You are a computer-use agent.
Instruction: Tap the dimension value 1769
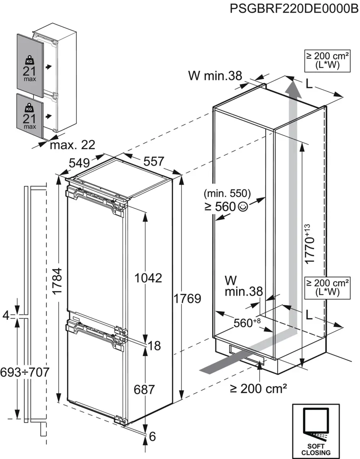pyautogui.click(x=187, y=299)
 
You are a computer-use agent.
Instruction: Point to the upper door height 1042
pyautogui.click(x=149, y=278)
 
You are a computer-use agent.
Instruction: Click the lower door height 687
pyautogui.click(x=144, y=389)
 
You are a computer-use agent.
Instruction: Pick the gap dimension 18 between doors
pyautogui.click(x=154, y=346)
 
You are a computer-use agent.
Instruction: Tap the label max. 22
pyautogui.click(x=72, y=145)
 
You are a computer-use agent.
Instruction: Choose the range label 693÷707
pyautogui.click(x=25, y=372)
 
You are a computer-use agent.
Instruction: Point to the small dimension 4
pyautogui.click(x=5, y=316)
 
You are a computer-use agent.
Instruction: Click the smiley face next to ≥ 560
pyautogui.click(x=243, y=207)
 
